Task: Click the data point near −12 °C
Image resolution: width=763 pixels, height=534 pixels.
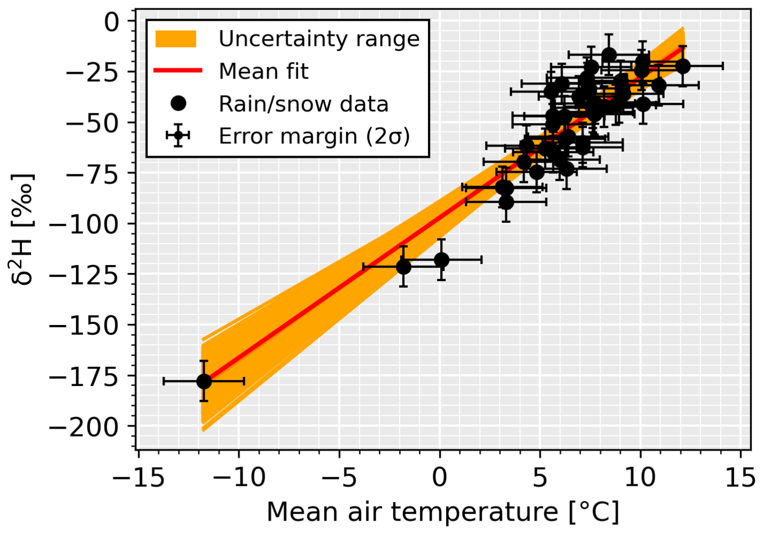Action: [x=204, y=381]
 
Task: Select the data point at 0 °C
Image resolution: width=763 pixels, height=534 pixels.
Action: [x=441, y=260]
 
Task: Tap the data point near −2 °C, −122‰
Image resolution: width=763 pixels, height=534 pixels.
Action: [x=403, y=266]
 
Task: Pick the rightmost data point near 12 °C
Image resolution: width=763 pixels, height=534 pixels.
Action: [x=682, y=66]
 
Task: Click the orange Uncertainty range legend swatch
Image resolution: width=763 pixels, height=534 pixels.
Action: [x=176, y=39]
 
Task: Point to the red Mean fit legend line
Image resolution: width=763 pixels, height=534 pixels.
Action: [x=178, y=71]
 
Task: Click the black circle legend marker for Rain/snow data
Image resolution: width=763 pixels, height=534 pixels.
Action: [x=178, y=103]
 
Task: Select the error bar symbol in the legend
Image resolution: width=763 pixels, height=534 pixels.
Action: [x=178, y=136]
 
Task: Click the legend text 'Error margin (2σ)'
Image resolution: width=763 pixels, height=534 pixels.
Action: [x=314, y=136]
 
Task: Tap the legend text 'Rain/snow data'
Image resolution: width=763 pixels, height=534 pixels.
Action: [x=303, y=104]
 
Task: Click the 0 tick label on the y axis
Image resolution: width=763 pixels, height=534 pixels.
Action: [x=112, y=21]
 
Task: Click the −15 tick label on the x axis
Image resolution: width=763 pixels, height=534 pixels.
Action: [x=138, y=477]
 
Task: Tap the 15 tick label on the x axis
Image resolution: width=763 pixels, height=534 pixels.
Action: [x=740, y=477]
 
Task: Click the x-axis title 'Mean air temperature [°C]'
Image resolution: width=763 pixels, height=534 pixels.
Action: [x=443, y=512]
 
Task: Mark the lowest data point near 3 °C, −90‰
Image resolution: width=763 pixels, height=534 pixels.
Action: [x=505, y=202]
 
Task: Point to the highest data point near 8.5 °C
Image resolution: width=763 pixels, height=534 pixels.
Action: [x=609, y=55]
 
